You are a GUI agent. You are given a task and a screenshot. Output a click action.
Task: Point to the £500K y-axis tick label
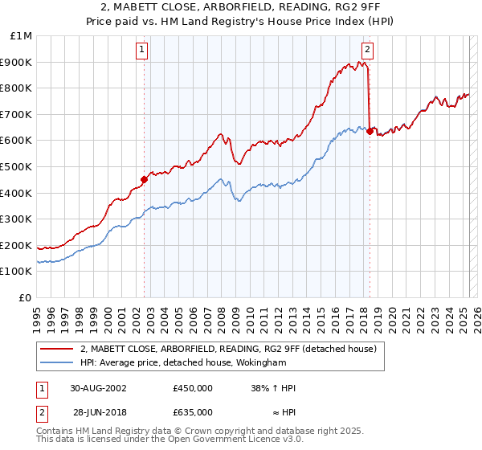[x=18, y=167]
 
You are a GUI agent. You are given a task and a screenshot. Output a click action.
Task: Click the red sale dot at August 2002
[x=145, y=179]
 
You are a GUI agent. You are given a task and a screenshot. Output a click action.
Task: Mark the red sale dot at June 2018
[x=370, y=131]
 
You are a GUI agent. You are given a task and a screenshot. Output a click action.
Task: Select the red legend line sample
[x=56, y=349]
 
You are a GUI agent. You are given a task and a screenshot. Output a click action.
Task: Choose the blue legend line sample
[x=56, y=362]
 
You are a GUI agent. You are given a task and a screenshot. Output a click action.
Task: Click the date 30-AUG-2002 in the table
[x=99, y=389]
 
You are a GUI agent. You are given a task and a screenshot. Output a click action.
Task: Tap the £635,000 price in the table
[x=193, y=412]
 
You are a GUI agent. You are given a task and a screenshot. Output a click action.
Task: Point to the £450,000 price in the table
[x=193, y=389]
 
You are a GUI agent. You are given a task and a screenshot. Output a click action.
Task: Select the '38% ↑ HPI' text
[x=273, y=389]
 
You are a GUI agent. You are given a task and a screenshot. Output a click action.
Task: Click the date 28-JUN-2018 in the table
[x=99, y=412]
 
